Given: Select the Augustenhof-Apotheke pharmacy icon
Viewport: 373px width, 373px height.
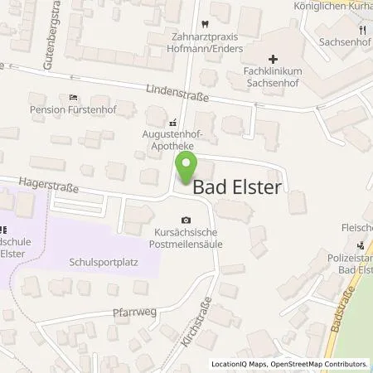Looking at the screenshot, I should pos(172,121).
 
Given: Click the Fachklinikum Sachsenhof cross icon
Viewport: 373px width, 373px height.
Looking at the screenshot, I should pos(273,59).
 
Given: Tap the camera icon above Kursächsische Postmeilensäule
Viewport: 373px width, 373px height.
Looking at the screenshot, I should pos(186,220).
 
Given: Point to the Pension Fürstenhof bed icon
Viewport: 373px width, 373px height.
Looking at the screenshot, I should pos(73,98).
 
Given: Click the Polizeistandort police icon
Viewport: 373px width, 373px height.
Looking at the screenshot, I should pos(361,245).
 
